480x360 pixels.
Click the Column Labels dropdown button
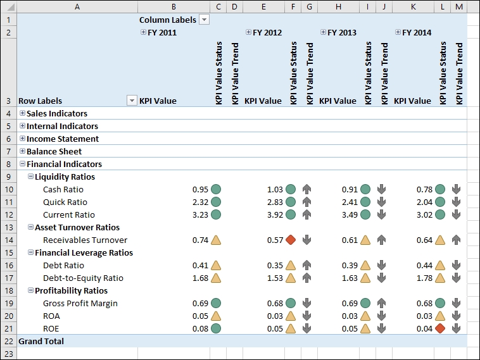coord(204,20)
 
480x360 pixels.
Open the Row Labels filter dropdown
coord(132,101)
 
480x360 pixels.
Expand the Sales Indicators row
coord(23,113)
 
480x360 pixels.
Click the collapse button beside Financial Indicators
coord(23,164)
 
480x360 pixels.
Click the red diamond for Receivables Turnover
coord(291,240)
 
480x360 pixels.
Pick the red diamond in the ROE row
coord(440,328)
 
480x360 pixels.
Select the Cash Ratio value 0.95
coord(200,189)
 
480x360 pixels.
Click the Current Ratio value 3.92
coord(275,214)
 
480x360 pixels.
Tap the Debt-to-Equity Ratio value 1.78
coord(424,278)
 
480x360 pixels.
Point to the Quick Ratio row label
coord(65,202)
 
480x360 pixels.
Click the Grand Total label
coord(41,341)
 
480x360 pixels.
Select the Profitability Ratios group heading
coord(71,290)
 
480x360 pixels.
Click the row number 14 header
coord(8,240)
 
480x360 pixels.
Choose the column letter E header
coord(263,7)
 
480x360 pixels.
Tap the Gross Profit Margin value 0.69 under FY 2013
coord(350,303)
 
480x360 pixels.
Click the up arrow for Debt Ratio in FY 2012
coord(306,265)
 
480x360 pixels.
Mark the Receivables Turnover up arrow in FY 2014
coord(456,240)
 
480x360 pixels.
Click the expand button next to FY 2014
coord(398,32)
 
